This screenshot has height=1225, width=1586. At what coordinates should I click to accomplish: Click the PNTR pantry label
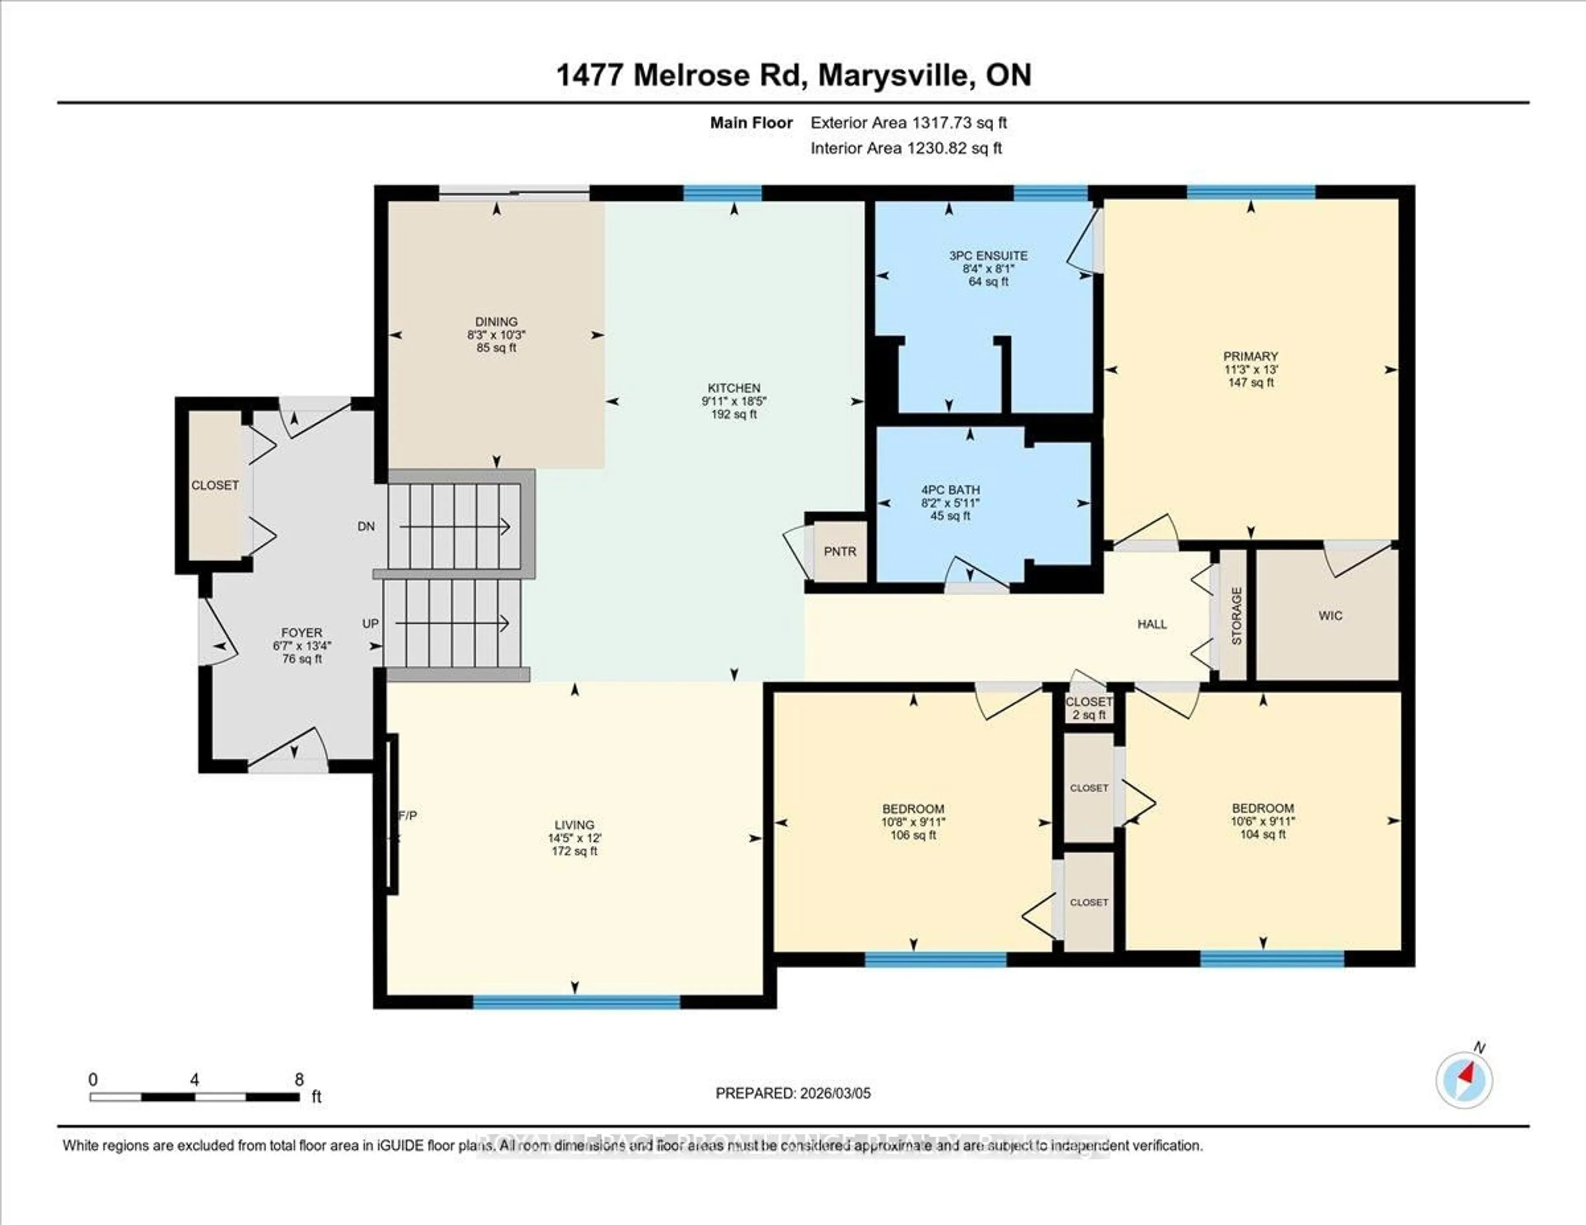pyautogui.click(x=840, y=552)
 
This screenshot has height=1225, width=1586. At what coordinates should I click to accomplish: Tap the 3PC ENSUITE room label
pyautogui.click(x=988, y=256)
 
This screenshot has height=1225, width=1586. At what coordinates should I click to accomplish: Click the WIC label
pyautogui.click(x=1330, y=616)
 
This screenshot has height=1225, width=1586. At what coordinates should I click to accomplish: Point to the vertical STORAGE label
pyautogui.click(x=1237, y=616)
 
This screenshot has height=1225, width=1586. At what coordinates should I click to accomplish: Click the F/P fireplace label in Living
pyautogui.click(x=408, y=815)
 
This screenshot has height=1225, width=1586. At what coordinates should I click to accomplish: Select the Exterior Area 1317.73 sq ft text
pyautogui.click(x=909, y=123)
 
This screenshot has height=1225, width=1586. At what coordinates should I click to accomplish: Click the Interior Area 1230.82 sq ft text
pyautogui.click(x=906, y=148)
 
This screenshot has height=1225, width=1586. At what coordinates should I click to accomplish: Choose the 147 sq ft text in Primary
pyautogui.click(x=1251, y=383)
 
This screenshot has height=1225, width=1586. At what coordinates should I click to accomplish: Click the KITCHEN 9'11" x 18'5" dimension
pyautogui.click(x=734, y=401)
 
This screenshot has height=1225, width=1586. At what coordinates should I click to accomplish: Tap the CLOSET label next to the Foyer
pyautogui.click(x=215, y=485)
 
